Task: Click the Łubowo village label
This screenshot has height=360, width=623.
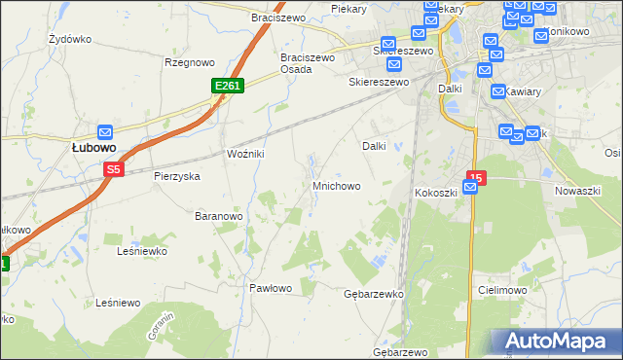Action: click(x=94, y=147)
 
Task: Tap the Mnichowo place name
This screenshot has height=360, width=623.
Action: click(x=336, y=185)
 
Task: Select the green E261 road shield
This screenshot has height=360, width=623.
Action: click(x=227, y=87)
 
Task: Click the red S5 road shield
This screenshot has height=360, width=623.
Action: click(x=114, y=169)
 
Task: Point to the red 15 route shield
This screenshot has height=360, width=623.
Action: click(x=475, y=178)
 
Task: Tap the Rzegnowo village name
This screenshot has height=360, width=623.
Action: click(x=189, y=62)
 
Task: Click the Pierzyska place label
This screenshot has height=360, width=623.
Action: click(x=176, y=176)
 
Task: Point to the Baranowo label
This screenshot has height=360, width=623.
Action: click(x=218, y=215)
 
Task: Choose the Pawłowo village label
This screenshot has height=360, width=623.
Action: click(x=271, y=288)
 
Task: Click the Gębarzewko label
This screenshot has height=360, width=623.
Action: click(x=374, y=293)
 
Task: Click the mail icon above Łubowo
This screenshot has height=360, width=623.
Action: click(x=106, y=132)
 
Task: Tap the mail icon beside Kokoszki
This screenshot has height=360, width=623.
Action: click(x=469, y=189)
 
